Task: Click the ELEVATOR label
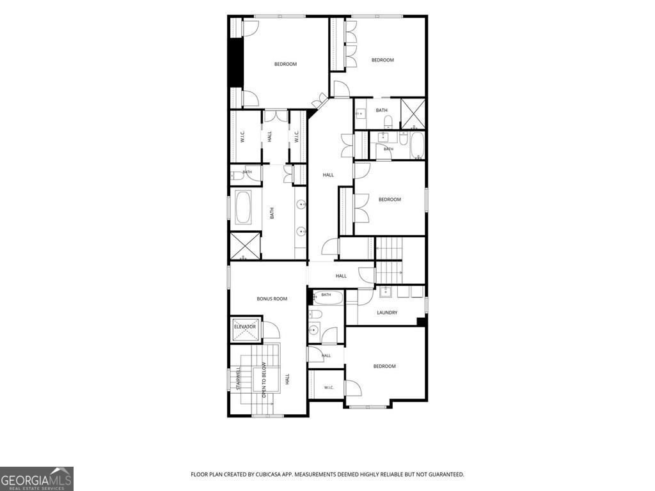(245, 327)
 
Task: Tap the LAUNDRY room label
(387, 312)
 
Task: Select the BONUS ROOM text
(272, 299)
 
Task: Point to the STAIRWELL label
(239, 378)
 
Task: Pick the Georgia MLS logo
(36, 478)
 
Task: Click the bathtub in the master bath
(243, 207)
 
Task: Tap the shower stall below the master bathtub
(246, 246)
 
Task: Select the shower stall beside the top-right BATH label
(413, 113)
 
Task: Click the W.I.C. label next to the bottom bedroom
(329, 387)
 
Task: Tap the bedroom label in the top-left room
(285, 64)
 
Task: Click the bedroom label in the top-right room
(383, 59)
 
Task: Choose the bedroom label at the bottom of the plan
(384, 366)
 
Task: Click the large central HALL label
(328, 175)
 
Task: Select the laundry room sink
(385, 292)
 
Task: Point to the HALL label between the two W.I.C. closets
(269, 136)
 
